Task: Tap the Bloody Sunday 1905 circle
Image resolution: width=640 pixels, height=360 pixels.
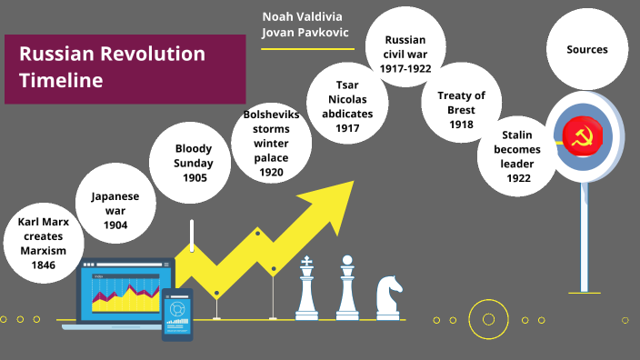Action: tap(194, 164)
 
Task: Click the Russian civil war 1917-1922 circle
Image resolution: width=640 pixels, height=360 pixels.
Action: tap(405, 53)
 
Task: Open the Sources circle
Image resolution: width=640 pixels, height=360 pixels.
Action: tap(586, 50)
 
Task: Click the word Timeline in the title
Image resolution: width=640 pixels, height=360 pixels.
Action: tap(60, 80)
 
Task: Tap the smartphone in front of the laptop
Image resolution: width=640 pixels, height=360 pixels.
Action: tap(177, 313)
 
